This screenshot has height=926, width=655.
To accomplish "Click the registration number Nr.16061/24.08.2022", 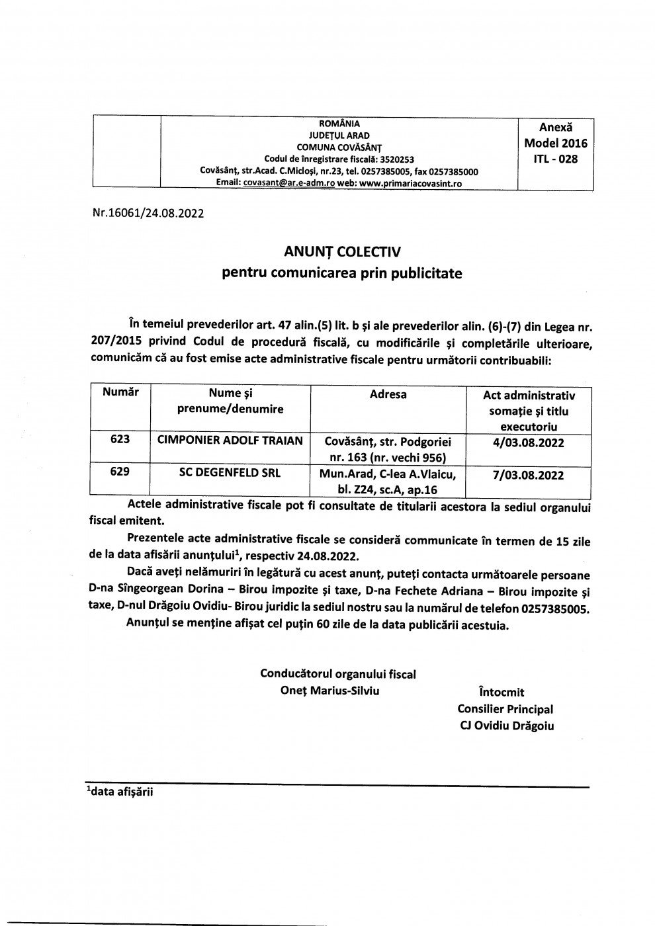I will coord(148,214).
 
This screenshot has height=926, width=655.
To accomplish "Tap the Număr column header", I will coord(120,392).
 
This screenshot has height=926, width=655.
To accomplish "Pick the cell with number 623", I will coord(120,440).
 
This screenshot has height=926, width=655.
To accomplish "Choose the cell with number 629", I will coord(120,473).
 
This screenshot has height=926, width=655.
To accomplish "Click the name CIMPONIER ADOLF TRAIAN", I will coord(230,441).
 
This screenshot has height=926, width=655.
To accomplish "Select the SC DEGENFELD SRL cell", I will coord(230,474).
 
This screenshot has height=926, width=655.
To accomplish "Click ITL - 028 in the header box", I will coord(555,159).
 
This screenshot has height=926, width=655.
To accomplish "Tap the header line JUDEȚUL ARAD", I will coord(339,135).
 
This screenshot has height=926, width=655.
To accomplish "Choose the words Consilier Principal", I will coord(505,708).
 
